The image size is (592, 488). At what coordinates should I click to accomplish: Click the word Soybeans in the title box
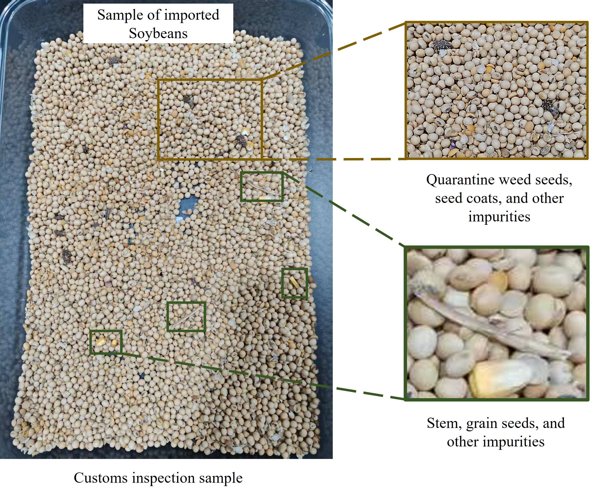[158, 33]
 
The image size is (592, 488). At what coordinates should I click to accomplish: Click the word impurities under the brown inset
[499, 217]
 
